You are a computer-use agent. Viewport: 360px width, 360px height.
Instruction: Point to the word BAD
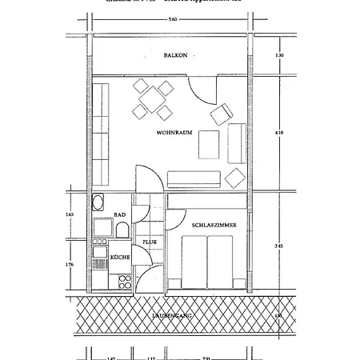pyautogui.click(x=120, y=215)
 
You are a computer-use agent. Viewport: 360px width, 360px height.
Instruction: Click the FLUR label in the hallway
pyautogui.click(x=150, y=241)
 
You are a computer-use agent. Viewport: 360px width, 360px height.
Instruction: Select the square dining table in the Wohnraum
pyautogui.click(x=150, y=99)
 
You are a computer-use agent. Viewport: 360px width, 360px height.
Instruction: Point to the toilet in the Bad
pyautogui.click(x=122, y=230)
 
